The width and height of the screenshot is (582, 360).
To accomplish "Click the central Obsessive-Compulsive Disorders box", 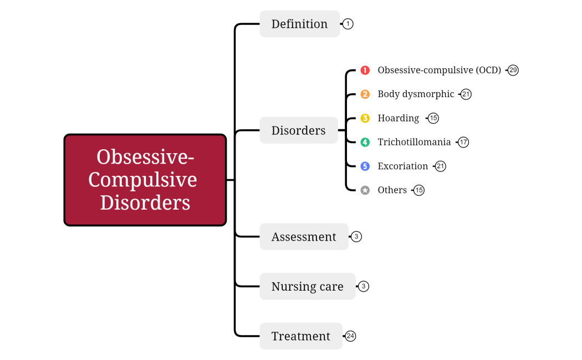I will pyautogui.click(x=145, y=180).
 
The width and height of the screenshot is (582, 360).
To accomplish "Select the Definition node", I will pyautogui.click(x=299, y=24).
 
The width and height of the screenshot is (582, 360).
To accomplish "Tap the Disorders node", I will pyautogui.click(x=298, y=130).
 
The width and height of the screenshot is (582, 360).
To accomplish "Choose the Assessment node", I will pyautogui.click(x=304, y=237).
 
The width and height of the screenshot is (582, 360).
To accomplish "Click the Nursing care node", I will pyautogui.click(x=307, y=287).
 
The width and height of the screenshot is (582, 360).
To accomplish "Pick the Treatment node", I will pyautogui.click(x=300, y=336).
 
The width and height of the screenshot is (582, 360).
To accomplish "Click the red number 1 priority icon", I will pyautogui.click(x=365, y=70).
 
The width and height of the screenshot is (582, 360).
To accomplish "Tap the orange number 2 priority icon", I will pyautogui.click(x=365, y=94).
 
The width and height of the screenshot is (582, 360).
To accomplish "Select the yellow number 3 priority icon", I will pyautogui.click(x=365, y=118).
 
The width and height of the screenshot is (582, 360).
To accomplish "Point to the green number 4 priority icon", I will pyautogui.click(x=365, y=142).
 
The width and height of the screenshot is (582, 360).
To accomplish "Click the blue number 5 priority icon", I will pyautogui.click(x=365, y=166).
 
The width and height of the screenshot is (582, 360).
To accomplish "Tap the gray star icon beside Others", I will pyautogui.click(x=365, y=190).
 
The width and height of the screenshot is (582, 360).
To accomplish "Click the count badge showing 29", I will pyautogui.click(x=513, y=70).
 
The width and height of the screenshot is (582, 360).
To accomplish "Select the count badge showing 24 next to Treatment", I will pyautogui.click(x=350, y=336).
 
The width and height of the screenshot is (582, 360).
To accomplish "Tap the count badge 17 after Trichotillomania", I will pyautogui.click(x=463, y=142).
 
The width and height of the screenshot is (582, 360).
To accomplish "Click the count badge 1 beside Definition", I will pyautogui.click(x=348, y=24).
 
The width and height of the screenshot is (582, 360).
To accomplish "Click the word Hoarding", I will pyautogui.click(x=398, y=118).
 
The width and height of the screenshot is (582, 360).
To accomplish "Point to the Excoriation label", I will pyautogui.click(x=402, y=166).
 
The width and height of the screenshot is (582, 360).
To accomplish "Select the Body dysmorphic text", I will pyautogui.click(x=416, y=94).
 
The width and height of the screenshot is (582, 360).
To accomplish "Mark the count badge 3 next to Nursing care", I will pyautogui.click(x=364, y=287).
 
